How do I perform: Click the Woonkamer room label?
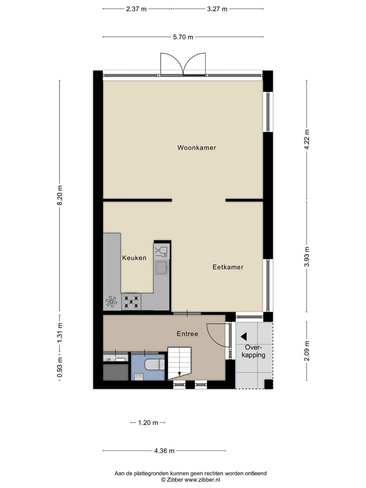197,148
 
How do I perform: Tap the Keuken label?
134,258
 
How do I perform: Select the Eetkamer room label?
228,267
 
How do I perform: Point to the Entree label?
187,334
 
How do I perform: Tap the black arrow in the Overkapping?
243,336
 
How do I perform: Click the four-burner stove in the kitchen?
132,301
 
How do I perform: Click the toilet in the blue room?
153,364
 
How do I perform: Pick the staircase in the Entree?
180,362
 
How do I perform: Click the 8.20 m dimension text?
60,195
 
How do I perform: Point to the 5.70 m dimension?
183,37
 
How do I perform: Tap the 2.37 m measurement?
136,9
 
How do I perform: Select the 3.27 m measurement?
218,9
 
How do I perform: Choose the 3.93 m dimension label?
307,256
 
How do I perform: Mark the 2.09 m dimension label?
307,351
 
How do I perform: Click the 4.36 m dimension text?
164,451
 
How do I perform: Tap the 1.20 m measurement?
148,422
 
